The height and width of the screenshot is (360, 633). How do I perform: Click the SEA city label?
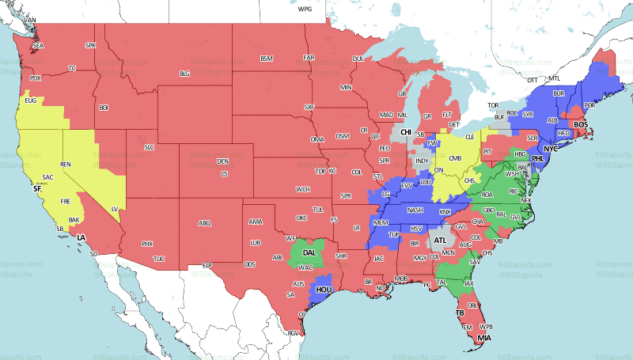tap(38, 47)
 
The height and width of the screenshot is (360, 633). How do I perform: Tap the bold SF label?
tap(36, 190)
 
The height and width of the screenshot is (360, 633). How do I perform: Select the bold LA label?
tap(81, 237)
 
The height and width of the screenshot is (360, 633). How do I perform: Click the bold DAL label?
tap(309, 252)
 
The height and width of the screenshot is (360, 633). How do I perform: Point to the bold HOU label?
tap(324, 290)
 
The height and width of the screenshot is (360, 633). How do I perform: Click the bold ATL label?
tap(440, 240)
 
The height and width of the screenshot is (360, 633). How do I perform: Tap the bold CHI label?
tap(406, 132)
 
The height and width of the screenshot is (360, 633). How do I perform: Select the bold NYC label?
tap(551, 148)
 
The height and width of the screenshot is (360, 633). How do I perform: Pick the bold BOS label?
tap(581, 124)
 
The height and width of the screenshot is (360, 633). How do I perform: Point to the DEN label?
tap(222, 161)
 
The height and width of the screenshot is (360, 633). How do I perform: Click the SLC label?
tap(149, 147)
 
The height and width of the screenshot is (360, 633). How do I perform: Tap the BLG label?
tap(185, 74)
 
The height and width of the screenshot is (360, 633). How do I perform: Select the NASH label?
tap(415, 210)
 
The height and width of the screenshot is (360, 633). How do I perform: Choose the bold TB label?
tap(460, 313)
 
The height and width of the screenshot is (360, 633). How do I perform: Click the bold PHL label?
tap(538, 158)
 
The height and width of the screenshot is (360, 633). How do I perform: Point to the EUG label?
tap(31, 100)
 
